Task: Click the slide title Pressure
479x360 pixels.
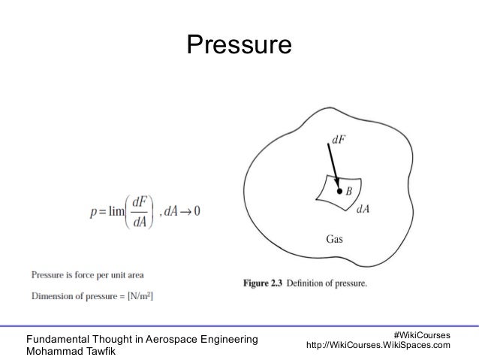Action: pos(239,47)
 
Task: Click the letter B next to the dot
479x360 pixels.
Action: pos(349,191)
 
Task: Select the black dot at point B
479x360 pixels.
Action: pos(339,192)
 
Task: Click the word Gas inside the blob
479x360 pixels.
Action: pos(336,241)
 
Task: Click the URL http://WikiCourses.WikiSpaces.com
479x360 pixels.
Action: pos(378,345)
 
